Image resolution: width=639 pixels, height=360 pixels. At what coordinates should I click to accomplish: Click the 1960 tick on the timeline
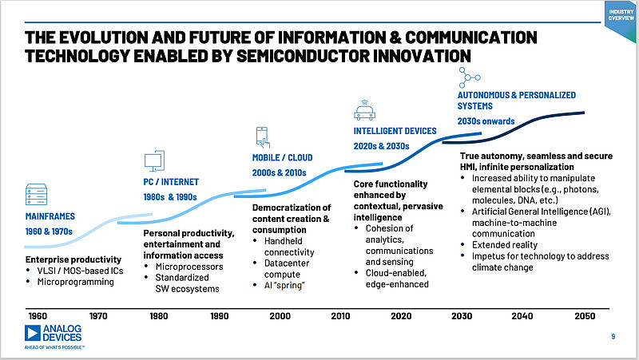[x=36, y=317]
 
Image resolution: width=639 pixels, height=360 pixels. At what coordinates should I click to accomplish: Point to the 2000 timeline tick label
[x=280, y=317]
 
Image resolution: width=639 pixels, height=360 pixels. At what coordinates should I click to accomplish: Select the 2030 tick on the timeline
[x=462, y=317]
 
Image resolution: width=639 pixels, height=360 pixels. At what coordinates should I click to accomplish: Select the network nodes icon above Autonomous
[x=470, y=78]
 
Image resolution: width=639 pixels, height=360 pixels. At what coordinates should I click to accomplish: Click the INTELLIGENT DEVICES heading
[x=395, y=131]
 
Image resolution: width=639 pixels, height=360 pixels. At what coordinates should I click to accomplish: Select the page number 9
[x=613, y=338]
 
